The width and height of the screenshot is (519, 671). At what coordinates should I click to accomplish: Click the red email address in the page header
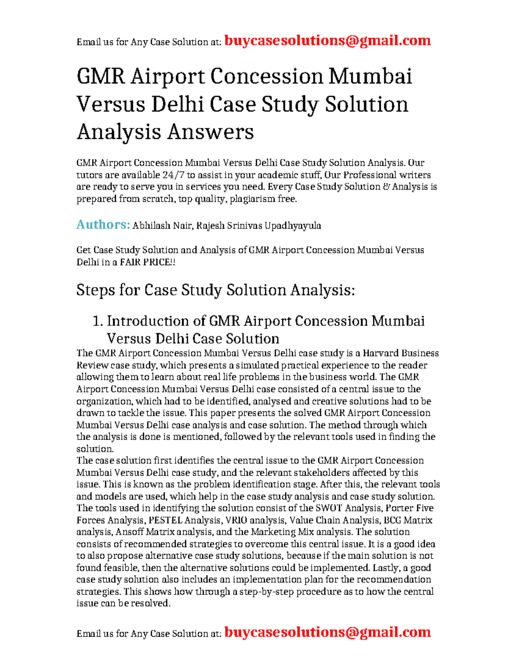pos(328,41)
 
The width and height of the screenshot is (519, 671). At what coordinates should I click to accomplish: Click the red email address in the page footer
pos(328,632)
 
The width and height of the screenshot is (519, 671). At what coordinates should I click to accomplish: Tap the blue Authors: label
pos(103,225)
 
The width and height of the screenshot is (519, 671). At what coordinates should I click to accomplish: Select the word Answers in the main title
pos(210,132)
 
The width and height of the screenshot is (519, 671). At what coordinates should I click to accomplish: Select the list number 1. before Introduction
pos(98,321)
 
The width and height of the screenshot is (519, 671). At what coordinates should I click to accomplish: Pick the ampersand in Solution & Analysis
pos(386,187)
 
